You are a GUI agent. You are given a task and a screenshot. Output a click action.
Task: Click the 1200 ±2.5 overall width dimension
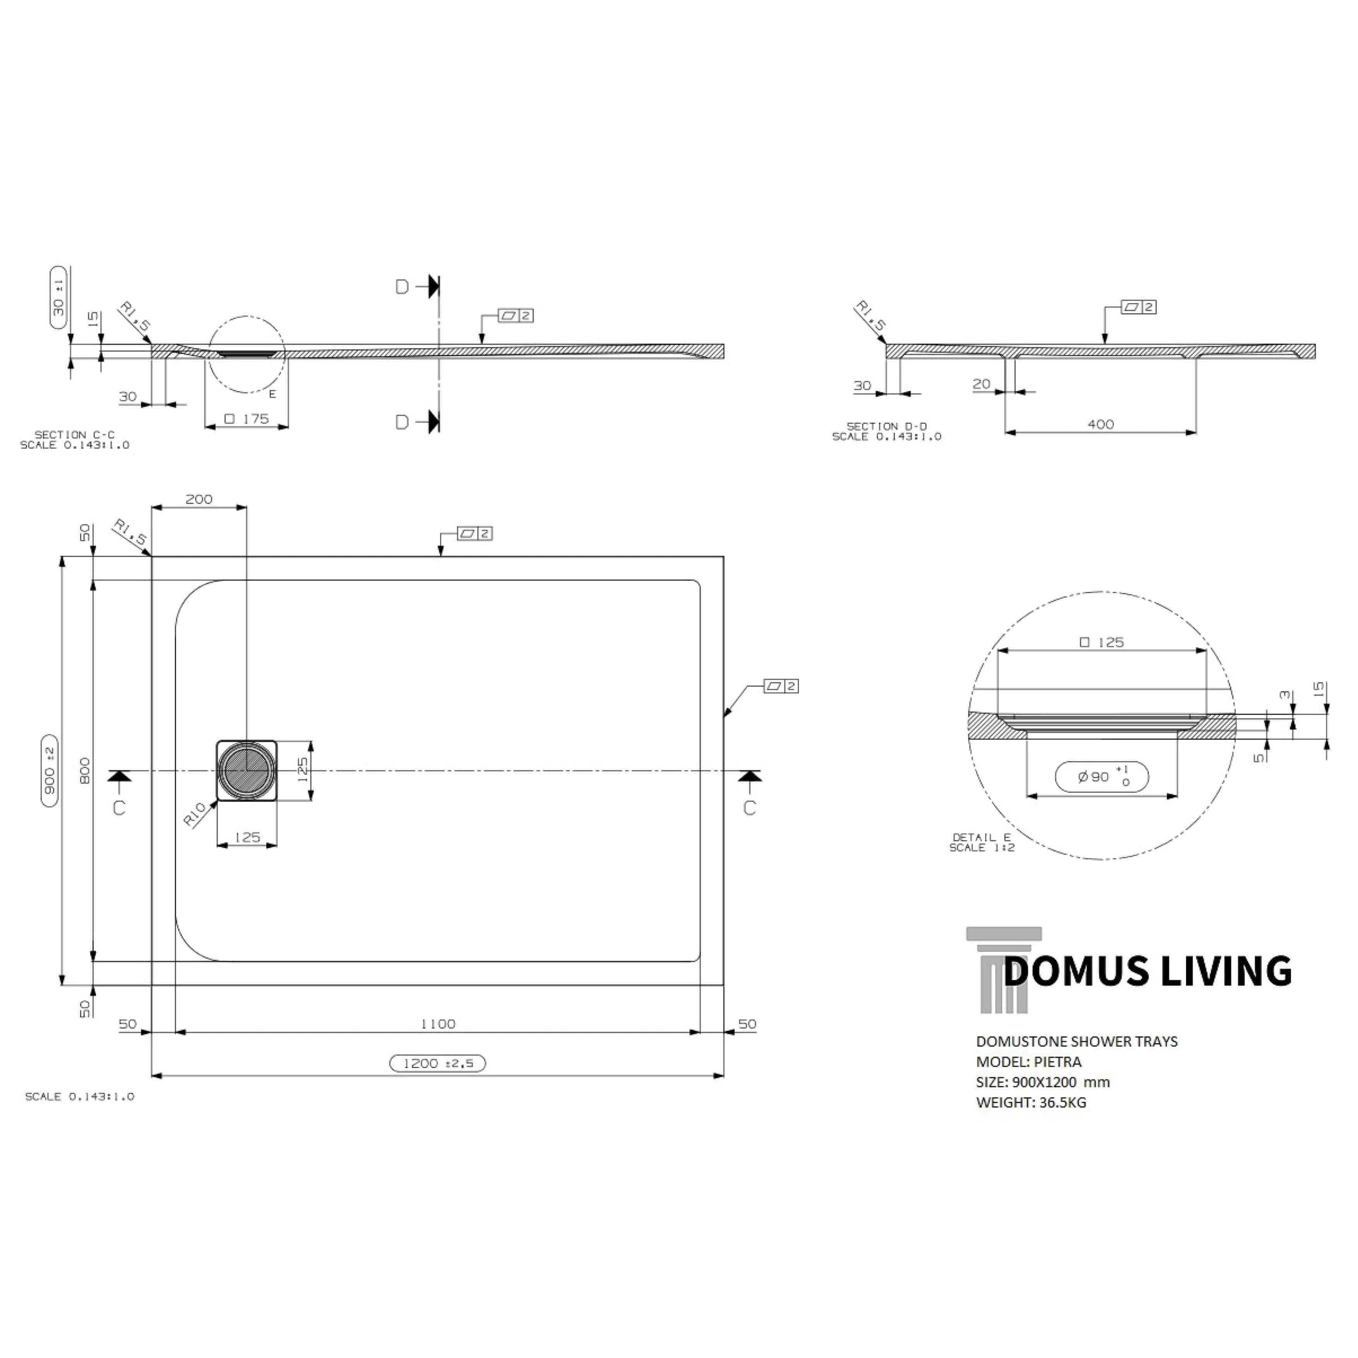coord(437,1063)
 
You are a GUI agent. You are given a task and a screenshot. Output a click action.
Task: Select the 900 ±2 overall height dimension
coord(49,771)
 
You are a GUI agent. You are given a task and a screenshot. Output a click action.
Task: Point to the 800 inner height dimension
coord(84,771)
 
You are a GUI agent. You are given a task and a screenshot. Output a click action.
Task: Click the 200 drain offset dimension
coord(199,499)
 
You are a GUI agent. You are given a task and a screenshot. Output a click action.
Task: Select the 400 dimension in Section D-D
coord(1101,424)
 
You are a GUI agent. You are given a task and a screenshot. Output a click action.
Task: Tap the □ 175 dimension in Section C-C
coord(247,419)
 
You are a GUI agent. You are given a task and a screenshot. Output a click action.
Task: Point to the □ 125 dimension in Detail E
coord(1101,642)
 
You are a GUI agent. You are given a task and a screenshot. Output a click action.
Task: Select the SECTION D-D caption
coord(886,426)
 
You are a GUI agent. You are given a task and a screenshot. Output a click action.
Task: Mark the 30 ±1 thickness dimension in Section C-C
coord(59,297)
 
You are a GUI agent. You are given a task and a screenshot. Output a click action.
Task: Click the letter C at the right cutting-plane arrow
coord(749,808)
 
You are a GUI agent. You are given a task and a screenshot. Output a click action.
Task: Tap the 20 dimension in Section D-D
coord(981,384)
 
